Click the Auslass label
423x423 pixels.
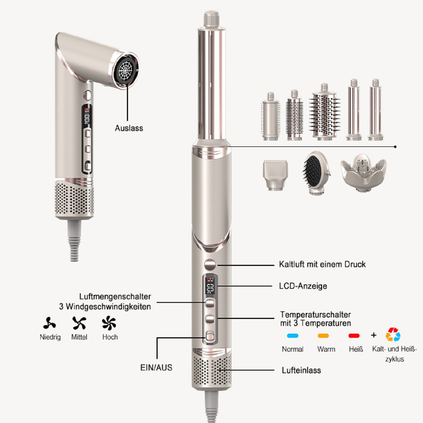[x=129, y=128]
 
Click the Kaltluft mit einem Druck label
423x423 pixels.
[x=322, y=265]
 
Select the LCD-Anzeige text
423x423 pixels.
[x=303, y=286]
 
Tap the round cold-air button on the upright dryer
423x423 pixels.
[x=210, y=265]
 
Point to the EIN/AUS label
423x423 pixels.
[x=156, y=367]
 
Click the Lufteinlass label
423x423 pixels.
[x=301, y=370]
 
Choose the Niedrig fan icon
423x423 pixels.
[x=50, y=323]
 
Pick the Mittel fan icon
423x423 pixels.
[x=79, y=323]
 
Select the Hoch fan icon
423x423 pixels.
[x=109, y=323]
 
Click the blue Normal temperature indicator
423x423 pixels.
[x=292, y=336]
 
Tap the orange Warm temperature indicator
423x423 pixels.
[x=323, y=336]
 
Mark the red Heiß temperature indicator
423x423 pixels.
[x=354, y=336]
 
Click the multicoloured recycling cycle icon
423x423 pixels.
[x=393, y=335]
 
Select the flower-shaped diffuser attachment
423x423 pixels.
[x=363, y=172]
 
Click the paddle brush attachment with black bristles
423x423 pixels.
[x=314, y=171]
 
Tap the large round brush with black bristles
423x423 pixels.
[x=325, y=114]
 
